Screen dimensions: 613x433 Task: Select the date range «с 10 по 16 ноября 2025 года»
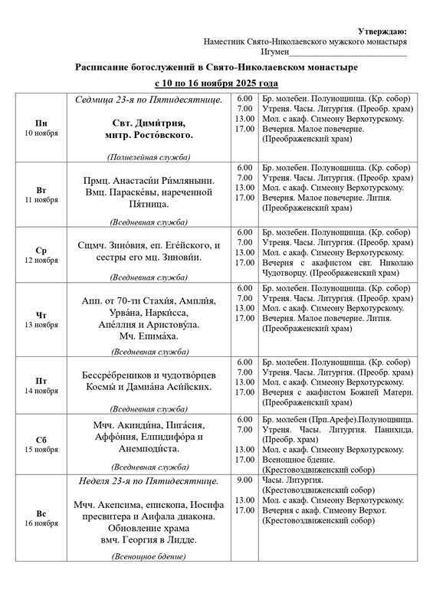click(216, 83)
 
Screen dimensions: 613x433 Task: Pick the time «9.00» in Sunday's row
click(244, 480)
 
